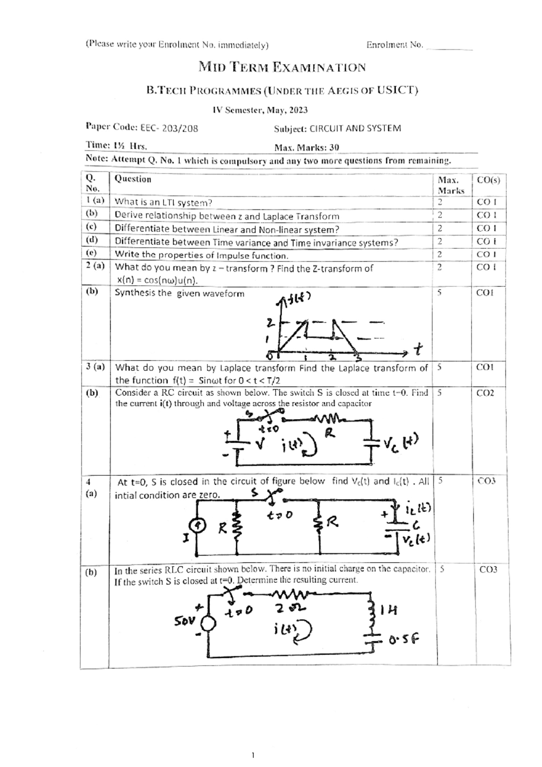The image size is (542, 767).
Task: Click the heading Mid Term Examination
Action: (x=282, y=68)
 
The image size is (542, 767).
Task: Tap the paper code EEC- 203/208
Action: (x=169, y=128)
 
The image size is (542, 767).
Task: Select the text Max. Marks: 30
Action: (x=307, y=147)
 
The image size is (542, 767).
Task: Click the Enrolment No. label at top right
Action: (x=394, y=45)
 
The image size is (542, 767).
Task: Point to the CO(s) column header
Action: (x=488, y=180)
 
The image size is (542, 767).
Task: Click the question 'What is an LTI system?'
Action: (x=164, y=202)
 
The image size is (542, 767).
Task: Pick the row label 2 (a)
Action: (x=95, y=265)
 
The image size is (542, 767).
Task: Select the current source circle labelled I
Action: (x=197, y=525)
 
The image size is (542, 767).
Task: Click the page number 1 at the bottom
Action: (x=253, y=755)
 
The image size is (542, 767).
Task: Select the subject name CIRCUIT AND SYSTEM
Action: (x=355, y=128)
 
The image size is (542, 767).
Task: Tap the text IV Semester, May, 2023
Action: (x=260, y=110)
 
